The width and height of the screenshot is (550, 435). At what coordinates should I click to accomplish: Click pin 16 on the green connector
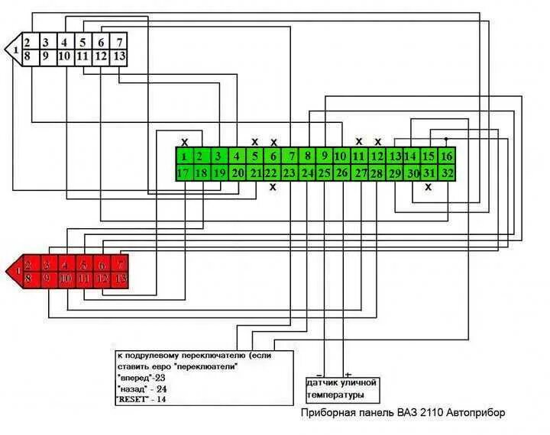(447, 156)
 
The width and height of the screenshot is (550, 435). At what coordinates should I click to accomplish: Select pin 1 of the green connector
(184, 156)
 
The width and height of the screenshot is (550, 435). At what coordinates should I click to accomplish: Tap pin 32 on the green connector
(447, 172)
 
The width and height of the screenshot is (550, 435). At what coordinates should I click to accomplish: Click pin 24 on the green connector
(307, 172)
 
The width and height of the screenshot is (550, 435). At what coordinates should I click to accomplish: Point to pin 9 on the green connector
(324, 156)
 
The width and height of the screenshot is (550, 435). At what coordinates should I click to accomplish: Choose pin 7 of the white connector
(120, 42)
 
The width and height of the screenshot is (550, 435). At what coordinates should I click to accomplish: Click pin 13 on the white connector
(120, 56)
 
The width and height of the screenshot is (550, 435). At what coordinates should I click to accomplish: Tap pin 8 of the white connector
(27, 56)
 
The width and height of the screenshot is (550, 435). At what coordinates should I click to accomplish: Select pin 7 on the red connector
(120, 265)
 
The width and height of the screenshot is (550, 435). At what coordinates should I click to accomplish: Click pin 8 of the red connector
(28, 279)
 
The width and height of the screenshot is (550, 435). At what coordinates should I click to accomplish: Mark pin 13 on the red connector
(120, 279)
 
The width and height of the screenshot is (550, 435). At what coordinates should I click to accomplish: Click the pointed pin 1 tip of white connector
(9, 49)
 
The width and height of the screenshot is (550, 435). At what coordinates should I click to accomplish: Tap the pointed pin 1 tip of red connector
(10, 272)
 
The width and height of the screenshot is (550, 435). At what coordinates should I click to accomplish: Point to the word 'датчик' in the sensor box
(322, 382)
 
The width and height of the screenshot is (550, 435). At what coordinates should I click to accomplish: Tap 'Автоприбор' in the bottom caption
(475, 413)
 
